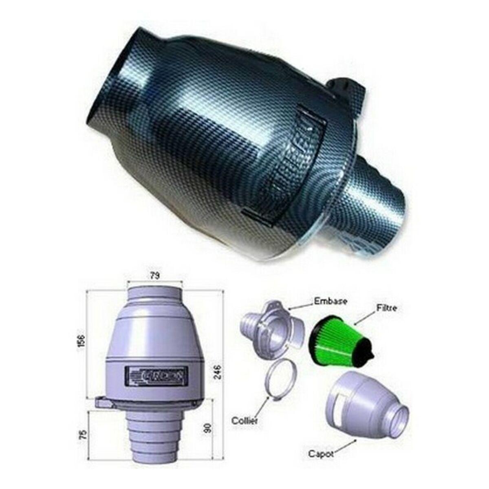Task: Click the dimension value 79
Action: pyautogui.click(x=154, y=276)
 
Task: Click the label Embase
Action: pyautogui.click(x=330, y=302)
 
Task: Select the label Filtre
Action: pyautogui.click(x=385, y=308)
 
